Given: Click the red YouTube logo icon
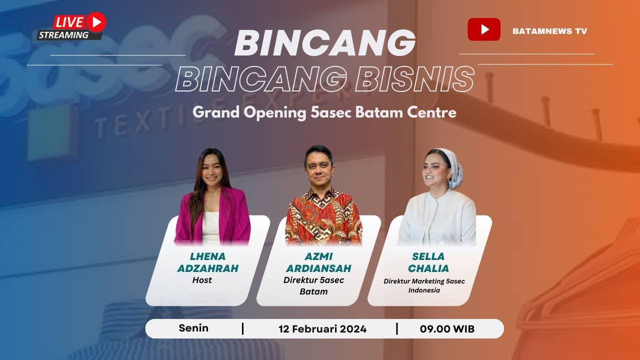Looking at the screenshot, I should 483,29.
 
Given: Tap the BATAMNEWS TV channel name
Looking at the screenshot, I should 549,31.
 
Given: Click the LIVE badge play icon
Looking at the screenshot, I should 95,22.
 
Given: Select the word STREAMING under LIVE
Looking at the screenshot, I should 63,35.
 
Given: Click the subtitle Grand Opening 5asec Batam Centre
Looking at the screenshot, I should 324,112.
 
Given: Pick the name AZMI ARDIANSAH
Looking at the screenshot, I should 318,262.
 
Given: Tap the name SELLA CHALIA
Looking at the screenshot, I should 428,262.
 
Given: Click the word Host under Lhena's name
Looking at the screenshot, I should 202,280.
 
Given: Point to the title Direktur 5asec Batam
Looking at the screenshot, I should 313,285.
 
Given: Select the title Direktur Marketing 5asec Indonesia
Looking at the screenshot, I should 424,285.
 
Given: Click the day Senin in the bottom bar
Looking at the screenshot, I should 193,328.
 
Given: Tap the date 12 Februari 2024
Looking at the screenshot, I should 322,329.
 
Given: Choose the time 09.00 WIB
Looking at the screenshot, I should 447,329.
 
